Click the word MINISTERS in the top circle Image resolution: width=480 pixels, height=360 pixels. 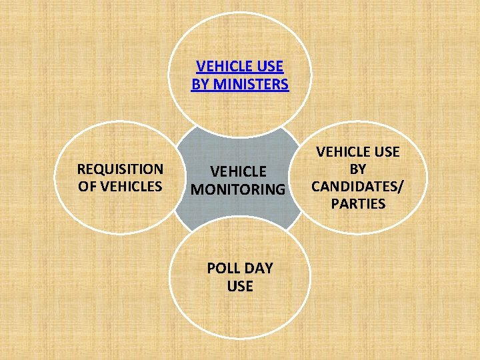249,85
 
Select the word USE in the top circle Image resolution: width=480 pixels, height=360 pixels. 270,67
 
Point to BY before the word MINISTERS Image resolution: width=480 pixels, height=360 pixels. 199,85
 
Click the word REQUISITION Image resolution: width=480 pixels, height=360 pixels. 120,169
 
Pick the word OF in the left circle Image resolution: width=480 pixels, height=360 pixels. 87,186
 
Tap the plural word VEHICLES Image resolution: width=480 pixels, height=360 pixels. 130,186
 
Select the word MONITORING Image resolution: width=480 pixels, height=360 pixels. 238,189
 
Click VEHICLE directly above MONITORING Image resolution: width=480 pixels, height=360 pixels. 238,172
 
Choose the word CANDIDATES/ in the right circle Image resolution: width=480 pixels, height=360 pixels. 358,186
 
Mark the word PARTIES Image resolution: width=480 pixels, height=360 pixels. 358,203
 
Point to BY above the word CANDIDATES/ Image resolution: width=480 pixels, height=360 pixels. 358,169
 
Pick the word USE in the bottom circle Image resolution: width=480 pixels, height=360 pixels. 240,286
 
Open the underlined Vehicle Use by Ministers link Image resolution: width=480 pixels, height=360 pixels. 240,75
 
